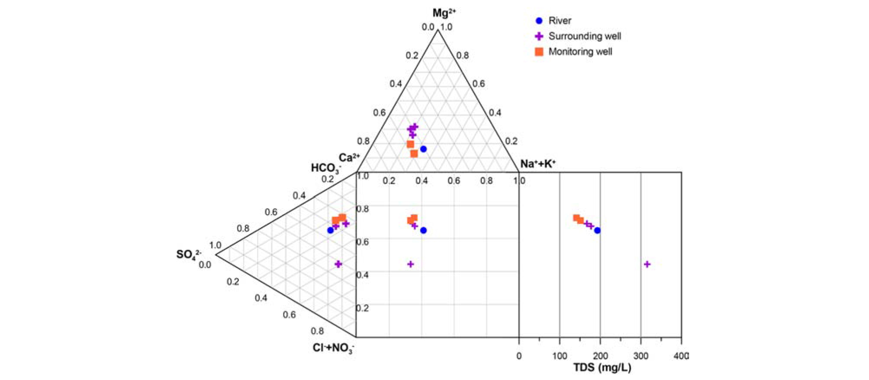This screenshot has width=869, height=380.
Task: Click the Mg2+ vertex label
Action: pos(444,13)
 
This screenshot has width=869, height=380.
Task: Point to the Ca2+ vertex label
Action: pos(349,158)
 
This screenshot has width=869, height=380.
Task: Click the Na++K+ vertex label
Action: pos(537,164)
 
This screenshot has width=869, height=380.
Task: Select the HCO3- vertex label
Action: pos(325,168)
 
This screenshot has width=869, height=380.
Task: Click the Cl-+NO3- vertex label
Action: pos(333,348)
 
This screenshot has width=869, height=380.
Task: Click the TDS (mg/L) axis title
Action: pos(602,368)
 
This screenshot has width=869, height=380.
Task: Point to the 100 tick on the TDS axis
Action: pos(560,356)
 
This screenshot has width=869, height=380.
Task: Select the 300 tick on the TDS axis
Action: pos(640,356)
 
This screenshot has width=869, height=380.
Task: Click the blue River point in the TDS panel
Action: pos(597,231)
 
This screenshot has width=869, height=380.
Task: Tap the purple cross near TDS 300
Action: pos(647,264)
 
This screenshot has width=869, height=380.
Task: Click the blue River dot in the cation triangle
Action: pos(423,149)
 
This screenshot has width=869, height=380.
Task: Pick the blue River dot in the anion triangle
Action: pos(331,230)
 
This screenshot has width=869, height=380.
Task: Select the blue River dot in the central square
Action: pos(423,231)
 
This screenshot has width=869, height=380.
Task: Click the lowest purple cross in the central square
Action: pos(411,264)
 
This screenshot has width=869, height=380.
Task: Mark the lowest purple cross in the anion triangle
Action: pos(338,264)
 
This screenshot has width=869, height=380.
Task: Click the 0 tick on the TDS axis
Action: pos(519,356)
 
